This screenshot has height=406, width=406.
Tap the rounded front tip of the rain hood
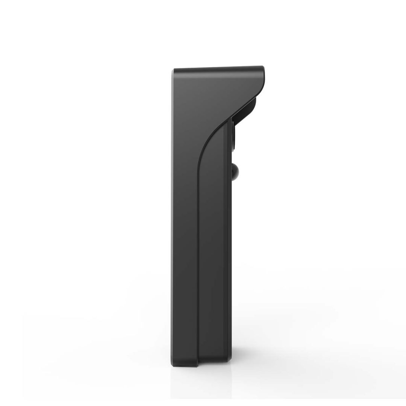pyautogui.click(x=263, y=73)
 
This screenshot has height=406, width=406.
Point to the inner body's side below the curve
pyautogui.click(x=212, y=244)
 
